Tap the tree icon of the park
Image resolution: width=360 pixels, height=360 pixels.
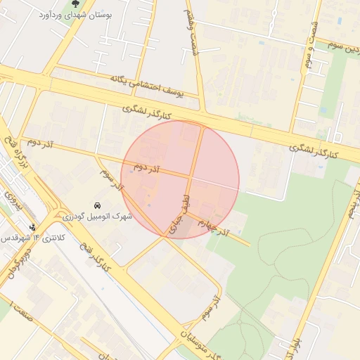[x=75, y=4]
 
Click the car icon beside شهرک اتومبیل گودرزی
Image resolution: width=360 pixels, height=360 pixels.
[x=96, y=205]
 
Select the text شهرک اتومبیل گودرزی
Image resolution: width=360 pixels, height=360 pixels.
[x=98, y=217]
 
